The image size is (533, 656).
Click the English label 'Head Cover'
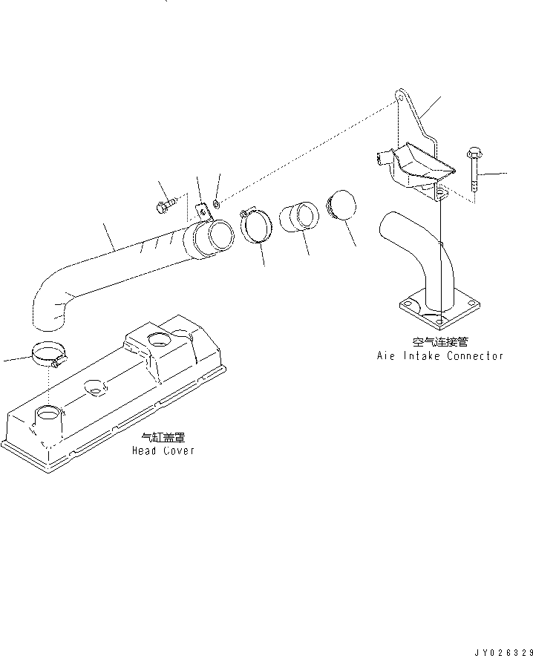click(x=163, y=450)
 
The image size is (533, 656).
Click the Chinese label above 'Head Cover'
click(x=163, y=439)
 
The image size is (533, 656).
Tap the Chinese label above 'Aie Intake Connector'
click(x=439, y=343)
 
